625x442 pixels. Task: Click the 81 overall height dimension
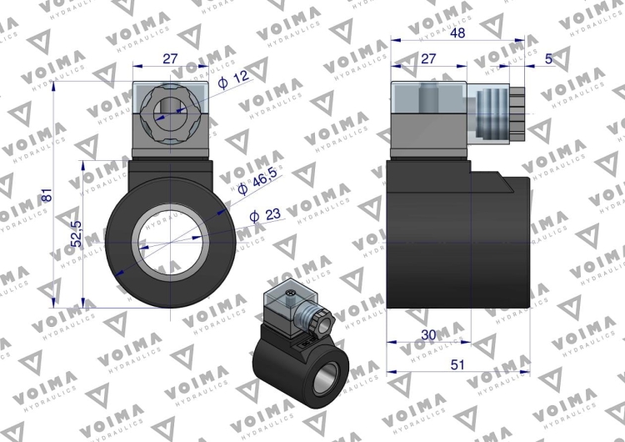pyautogui.click(x=47, y=195)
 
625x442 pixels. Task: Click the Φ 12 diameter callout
pyautogui.click(x=237, y=78)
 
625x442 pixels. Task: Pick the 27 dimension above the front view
pyautogui.click(x=169, y=58)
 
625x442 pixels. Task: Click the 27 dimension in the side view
pyautogui.click(x=428, y=58)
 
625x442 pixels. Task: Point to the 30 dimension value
pyautogui.click(x=428, y=334)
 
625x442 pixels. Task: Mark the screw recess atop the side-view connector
pyautogui.click(x=429, y=98)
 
